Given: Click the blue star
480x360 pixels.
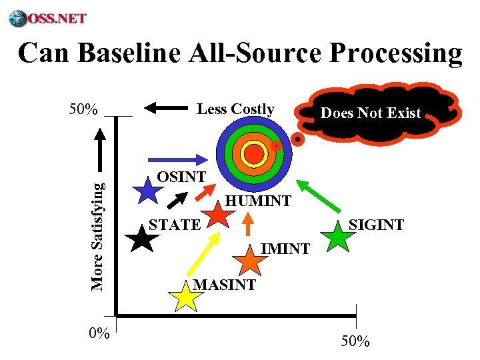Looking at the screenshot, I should (x=148, y=191).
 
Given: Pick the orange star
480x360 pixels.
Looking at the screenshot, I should (x=249, y=261).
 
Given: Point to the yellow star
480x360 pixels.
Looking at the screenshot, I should (x=185, y=296).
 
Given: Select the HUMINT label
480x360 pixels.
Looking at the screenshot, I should (x=258, y=200).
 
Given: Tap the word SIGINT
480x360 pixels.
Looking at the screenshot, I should (x=377, y=225).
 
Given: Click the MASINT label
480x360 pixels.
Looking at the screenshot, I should (x=224, y=285).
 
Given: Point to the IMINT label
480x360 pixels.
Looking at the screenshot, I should (x=285, y=249).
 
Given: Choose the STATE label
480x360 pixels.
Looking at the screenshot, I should (x=174, y=225).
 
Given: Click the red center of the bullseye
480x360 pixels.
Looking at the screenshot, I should (x=254, y=154).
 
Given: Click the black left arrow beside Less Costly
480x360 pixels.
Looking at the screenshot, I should (x=165, y=107).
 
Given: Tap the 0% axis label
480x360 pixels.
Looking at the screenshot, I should (x=99, y=333).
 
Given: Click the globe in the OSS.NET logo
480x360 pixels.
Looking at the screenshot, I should (x=18, y=18).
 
